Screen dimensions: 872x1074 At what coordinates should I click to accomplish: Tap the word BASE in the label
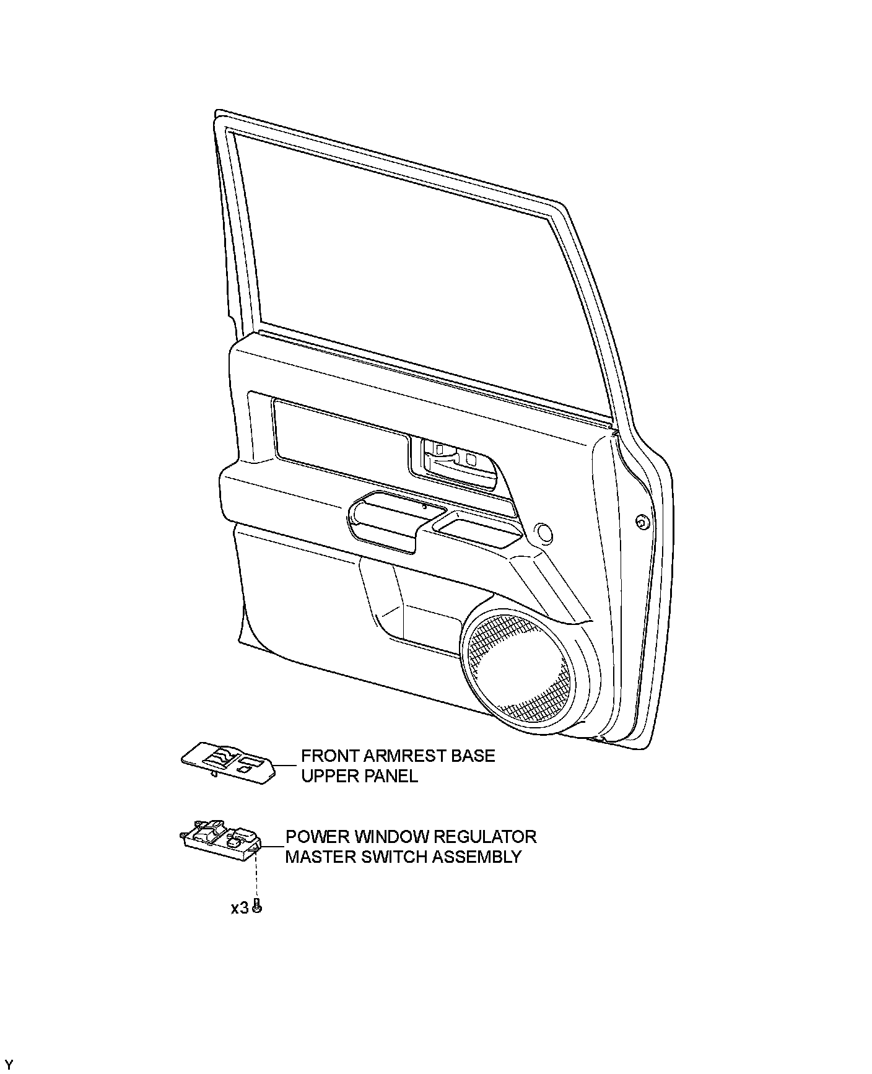tap(475, 756)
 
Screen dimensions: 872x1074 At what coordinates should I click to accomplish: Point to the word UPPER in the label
tap(327, 775)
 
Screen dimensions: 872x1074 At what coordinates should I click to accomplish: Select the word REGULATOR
tap(484, 837)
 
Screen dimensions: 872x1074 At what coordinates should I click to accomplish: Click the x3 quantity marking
tap(239, 908)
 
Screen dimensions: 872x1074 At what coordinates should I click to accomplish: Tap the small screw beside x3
tap(258, 907)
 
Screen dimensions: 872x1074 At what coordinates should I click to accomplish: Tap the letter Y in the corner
tap(9, 1064)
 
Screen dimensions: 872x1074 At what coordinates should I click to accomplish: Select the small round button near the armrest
tap(545, 531)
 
